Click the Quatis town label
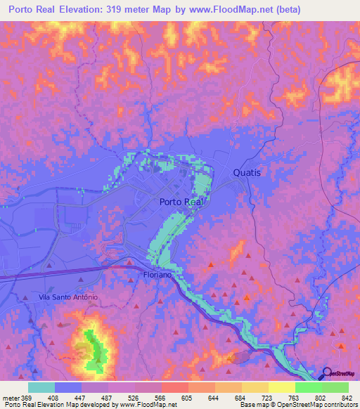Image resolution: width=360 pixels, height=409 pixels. (247, 172)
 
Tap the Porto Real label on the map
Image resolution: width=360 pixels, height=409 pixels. (181, 202)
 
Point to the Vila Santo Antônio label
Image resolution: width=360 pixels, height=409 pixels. (68, 297)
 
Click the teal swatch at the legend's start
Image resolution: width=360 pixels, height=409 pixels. (41, 387)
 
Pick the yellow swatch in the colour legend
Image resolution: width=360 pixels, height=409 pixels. (281, 387)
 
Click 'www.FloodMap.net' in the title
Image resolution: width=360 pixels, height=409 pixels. (240, 10)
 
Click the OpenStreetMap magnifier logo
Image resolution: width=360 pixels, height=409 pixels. (327, 373)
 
